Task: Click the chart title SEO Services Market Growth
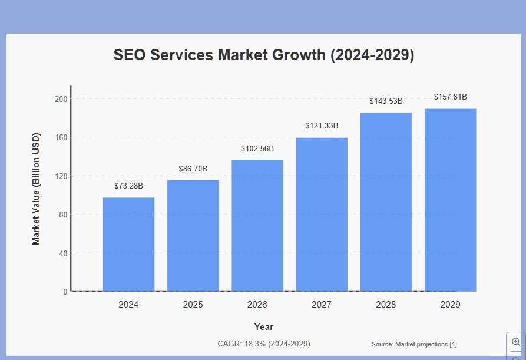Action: pos(263,55)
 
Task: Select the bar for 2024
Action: pos(128,244)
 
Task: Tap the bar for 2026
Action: pos(257,226)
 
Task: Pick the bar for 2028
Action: pos(386,202)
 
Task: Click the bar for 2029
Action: pos(451,200)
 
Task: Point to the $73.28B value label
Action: pos(128,186)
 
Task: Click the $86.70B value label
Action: pos(193,169)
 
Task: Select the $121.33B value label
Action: pos(322,126)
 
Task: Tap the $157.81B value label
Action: pos(451,97)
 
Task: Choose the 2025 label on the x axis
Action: pos(193,305)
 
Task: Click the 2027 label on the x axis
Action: pos(322,305)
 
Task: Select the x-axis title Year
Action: pos(263,327)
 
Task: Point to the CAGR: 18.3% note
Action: pos(263,344)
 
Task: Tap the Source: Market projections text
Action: pos(414,344)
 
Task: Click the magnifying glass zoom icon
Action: pos(516,342)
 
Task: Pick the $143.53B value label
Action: pos(386,101)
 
